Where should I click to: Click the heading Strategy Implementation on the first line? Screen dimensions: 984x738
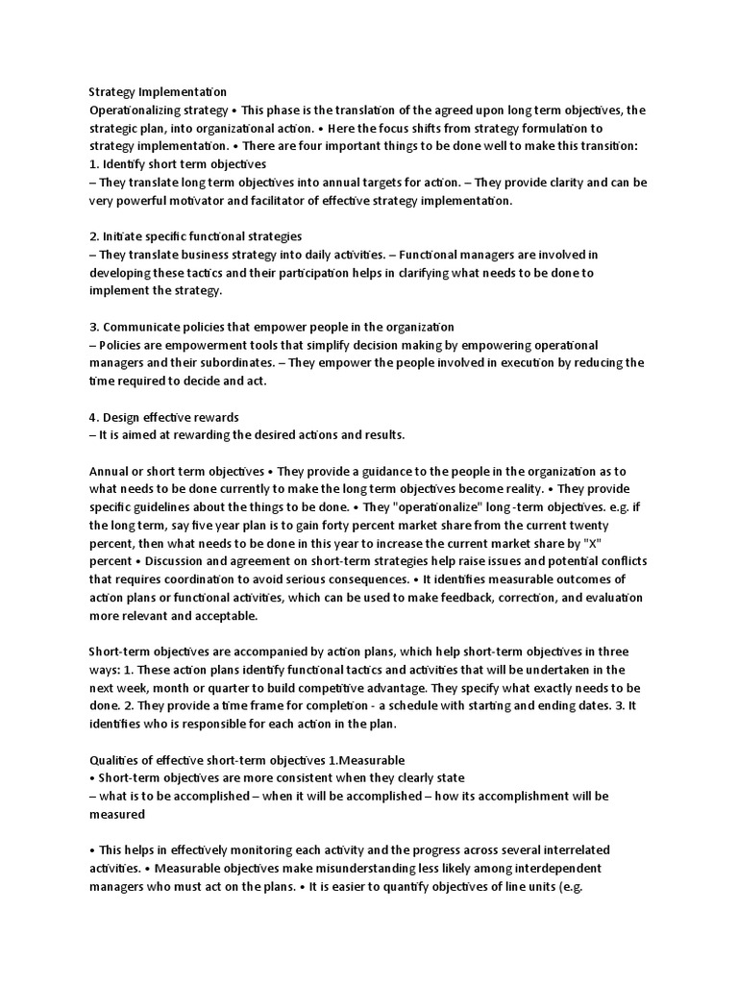[x=158, y=93]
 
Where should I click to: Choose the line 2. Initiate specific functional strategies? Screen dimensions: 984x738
[x=194, y=236]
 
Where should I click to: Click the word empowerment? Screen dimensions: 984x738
[x=197, y=345]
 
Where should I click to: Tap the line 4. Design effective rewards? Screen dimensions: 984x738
[x=163, y=417]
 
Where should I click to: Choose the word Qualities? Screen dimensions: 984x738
[x=117, y=760]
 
